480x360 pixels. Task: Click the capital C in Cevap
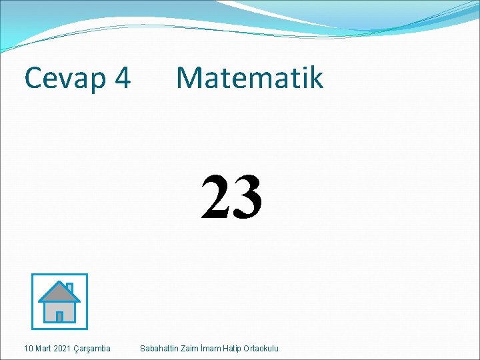pyautogui.click(x=34, y=79)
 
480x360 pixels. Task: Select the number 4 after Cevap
pyautogui.click(x=122, y=79)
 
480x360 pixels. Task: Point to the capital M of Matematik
pyautogui.click(x=191, y=78)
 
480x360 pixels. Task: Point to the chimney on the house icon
pyautogui.click(x=69, y=287)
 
